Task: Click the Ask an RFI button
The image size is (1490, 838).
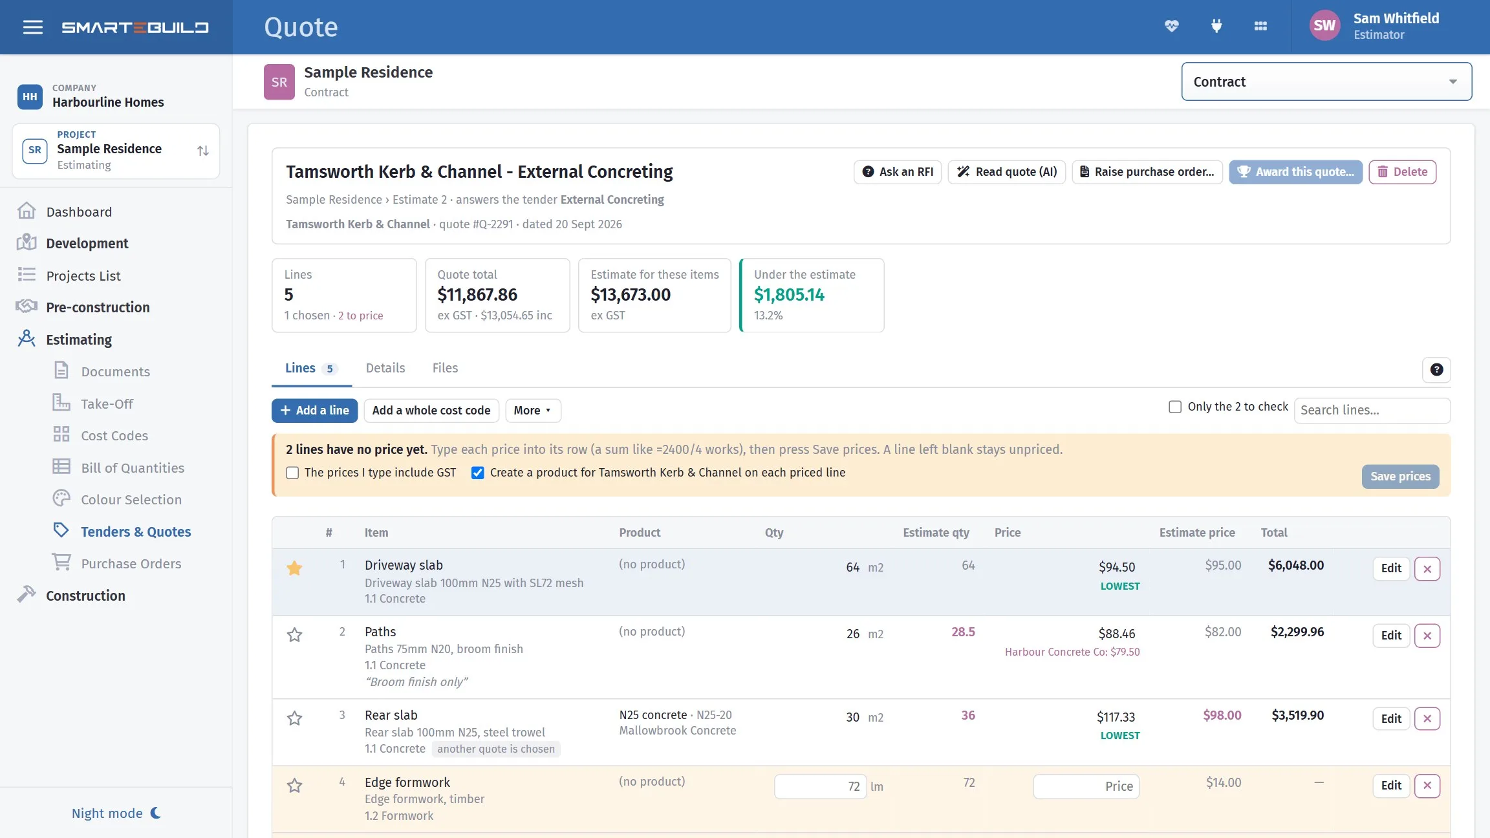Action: click(x=898, y=172)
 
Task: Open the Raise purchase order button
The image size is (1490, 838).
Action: click(x=1147, y=172)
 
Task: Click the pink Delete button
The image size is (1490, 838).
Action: click(x=1402, y=172)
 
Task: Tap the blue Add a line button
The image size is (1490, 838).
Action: click(x=314, y=411)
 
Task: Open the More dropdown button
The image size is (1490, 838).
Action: click(x=533, y=411)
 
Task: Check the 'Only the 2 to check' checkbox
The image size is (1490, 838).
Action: click(x=1175, y=407)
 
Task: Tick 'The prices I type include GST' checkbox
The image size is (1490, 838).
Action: click(x=292, y=473)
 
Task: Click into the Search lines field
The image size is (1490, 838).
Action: click(x=1372, y=411)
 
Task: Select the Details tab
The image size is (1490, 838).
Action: click(x=385, y=368)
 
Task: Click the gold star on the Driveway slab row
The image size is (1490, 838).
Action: click(x=294, y=568)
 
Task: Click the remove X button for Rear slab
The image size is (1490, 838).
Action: click(x=1427, y=718)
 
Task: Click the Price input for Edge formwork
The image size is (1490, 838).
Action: click(x=1086, y=786)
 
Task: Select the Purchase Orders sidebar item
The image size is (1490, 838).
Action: click(x=131, y=564)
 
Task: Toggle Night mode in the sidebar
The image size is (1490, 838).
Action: click(x=116, y=813)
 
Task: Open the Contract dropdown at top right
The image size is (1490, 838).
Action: click(x=1326, y=81)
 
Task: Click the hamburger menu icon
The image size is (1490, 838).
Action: click(x=33, y=27)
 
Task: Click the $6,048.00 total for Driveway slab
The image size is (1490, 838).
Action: click(x=1296, y=565)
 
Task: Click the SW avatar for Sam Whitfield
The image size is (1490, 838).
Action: click(x=1324, y=26)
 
